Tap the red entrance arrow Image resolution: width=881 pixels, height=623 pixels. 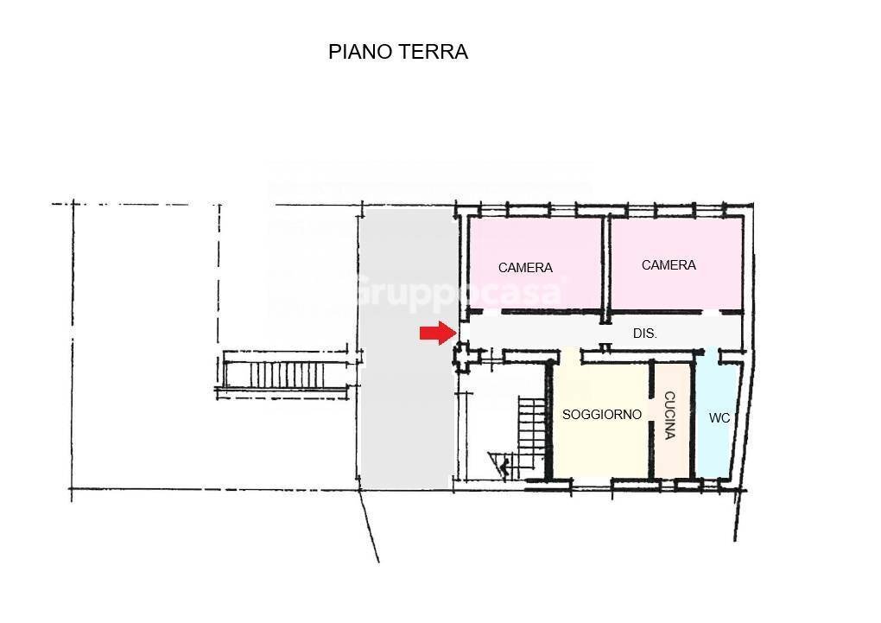point(437,334)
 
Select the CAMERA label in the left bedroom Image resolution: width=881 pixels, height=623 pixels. point(525,268)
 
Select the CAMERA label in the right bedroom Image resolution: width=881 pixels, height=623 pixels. point(669,265)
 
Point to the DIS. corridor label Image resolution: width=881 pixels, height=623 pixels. point(644,333)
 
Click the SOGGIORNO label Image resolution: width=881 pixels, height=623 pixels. point(602,415)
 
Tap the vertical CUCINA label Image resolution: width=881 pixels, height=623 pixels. point(670,416)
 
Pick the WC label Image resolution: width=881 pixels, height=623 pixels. point(719,418)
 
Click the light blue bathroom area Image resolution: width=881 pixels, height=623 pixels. point(717,449)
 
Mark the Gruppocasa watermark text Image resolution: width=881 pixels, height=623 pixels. point(458,290)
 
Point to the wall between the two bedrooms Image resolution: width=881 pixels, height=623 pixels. point(606,263)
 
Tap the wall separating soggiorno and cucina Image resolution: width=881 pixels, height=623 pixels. point(653,419)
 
